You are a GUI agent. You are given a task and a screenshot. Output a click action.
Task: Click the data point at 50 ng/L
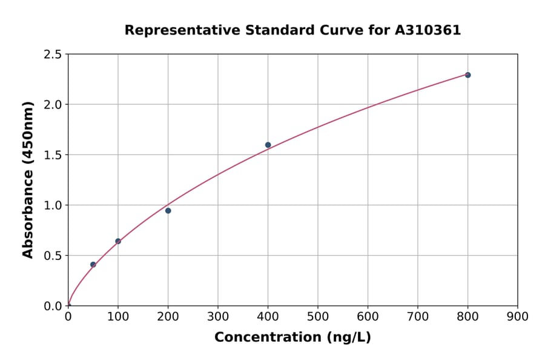pyautogui.click(x=93, y=264)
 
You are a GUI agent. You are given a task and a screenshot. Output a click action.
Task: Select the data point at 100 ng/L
pyautogui.click(x=118, y=241)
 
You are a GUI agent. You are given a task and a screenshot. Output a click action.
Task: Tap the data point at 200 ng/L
pyautogui.click(x=168, y=210)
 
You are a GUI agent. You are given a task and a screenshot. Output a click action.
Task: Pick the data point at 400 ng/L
pyautogui.click(x=268, y=145)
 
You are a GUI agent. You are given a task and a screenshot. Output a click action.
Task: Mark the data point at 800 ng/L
pyautogui.click(x=467, y=75)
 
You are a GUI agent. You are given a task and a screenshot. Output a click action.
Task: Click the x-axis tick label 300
pyautogui.click(x=217, y=316)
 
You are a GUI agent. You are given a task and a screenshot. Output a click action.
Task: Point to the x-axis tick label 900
pyautogui.click(x=517, y=316)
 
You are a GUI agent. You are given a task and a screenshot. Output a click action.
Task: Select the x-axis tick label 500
pyautogui.click(x=317, y=316)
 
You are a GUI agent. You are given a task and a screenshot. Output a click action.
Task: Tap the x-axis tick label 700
pyautogui.click(x=417, y=316)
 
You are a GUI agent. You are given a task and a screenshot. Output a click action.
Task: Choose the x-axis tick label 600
pyautogui.click(x=368, y=316)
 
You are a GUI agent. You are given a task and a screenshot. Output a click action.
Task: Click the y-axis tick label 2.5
pyautogui.click(x=53, y=55)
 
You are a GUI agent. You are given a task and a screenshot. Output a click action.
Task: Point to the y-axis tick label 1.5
pyautogui.click(x=53, y=155)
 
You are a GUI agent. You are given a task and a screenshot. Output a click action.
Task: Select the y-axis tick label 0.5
pyautogui.click(x=53, y=256)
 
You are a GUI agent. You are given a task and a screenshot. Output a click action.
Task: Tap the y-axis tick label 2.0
pyautogui.click(x=53, y=105)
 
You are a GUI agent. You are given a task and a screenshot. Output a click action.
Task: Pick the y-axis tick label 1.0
pyautogui.click(x=53, y=205)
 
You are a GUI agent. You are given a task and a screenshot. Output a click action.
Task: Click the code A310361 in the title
pyautogui.click(x=428, y=30)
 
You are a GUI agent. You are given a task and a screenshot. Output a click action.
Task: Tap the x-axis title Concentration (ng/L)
pyautogui.click(x=292, y=338)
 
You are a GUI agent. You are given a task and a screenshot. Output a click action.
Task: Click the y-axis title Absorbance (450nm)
pyautogui.click(x=28, y=180)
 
